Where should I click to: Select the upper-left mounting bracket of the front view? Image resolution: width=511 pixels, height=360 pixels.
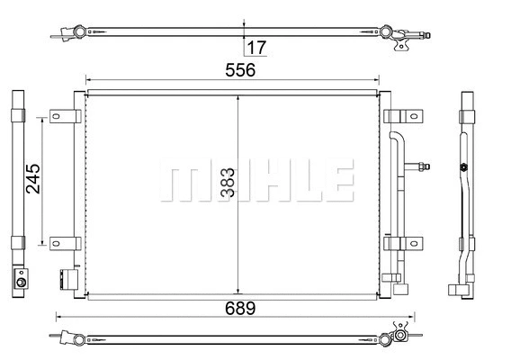[62, 117]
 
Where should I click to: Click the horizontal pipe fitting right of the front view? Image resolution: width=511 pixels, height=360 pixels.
[421, 166]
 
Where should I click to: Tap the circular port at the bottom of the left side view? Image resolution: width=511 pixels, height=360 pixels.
[19, 283]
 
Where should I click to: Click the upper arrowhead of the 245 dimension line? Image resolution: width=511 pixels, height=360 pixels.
[41, 119]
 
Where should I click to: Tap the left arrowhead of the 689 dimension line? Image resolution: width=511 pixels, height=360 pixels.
[60, 317]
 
